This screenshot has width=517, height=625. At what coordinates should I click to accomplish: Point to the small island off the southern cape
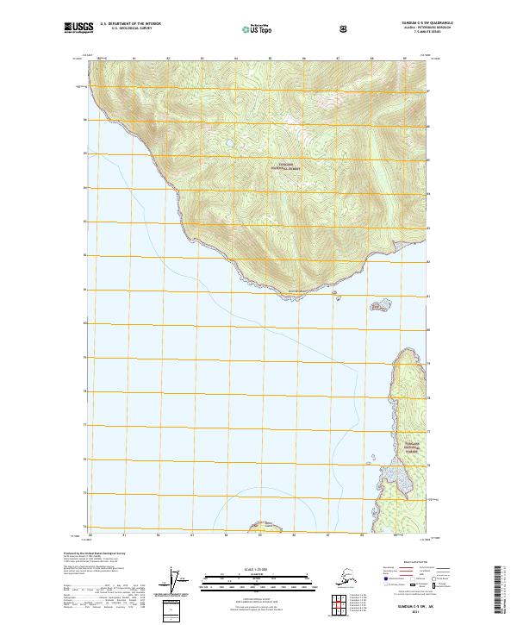[x=379, y=304]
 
